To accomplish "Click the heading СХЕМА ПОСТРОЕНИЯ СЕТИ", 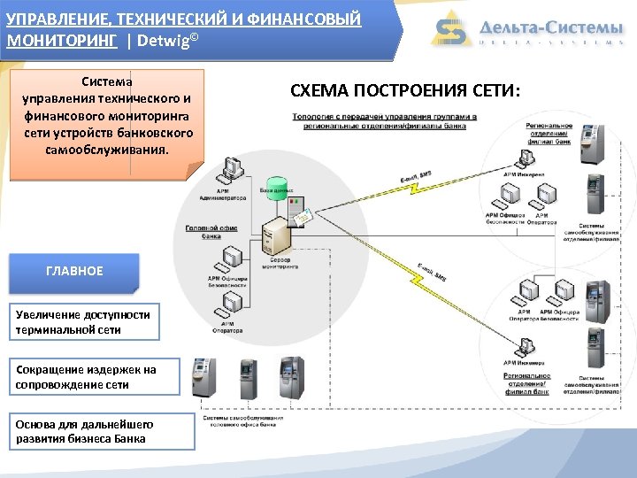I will point(406,90).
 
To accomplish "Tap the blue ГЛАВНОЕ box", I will point(74,272).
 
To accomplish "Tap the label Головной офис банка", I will point(211,232).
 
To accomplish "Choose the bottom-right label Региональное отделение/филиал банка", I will point(529,382).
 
